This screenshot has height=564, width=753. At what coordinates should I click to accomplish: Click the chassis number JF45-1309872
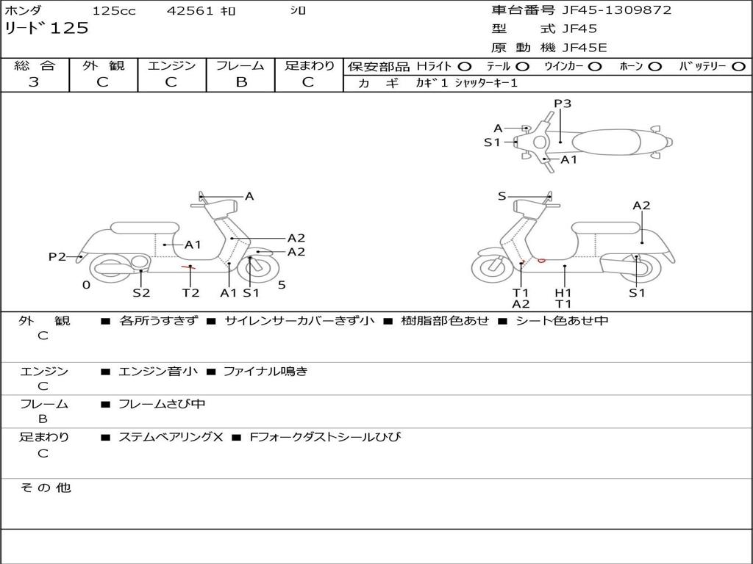617,10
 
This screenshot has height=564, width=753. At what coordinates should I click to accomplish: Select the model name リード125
46,29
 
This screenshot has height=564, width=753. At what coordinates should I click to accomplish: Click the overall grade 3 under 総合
34,82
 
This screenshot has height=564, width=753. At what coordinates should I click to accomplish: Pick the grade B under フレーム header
241,82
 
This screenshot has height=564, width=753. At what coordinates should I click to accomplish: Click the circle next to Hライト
465,67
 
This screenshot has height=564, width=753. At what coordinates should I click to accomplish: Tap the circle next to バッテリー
738,67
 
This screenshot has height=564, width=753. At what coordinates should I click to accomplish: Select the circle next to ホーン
654,67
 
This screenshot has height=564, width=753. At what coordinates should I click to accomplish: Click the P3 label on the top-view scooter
563,104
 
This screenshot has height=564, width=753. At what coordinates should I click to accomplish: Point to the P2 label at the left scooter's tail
57,256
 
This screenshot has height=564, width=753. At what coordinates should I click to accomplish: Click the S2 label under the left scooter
141,292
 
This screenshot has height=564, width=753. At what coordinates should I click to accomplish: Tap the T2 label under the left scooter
190,292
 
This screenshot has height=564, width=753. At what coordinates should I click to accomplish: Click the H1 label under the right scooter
563,292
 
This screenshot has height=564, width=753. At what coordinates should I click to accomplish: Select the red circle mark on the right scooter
541,261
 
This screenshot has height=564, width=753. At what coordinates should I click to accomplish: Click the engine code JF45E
585,48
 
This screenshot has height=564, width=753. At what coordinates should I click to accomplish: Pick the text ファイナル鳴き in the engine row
265,371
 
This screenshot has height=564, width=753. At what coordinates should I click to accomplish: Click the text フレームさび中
162,404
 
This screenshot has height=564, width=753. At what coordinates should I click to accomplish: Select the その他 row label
46,488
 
